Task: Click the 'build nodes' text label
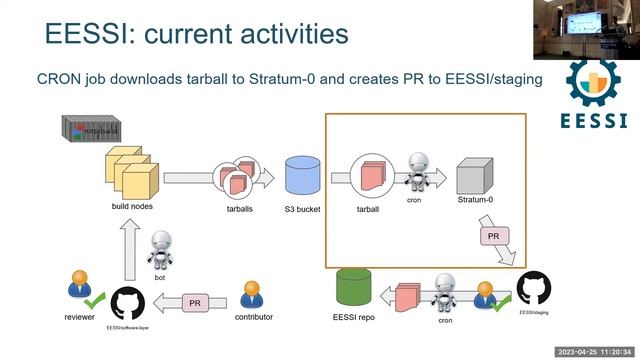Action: pyautogui.click(x=132, y=207)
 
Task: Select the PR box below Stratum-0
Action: pyautogui.click(x=493, y=235)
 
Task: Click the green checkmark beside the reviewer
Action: pyautogui.click(x=95, y=300)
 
